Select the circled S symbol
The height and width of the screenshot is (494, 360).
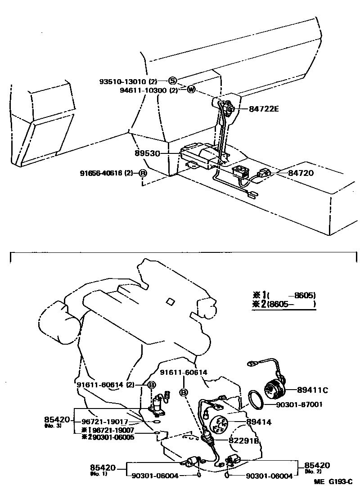173,81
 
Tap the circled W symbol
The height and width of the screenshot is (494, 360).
191,90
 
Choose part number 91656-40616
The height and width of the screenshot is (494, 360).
103,173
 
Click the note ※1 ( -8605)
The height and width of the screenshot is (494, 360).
283,296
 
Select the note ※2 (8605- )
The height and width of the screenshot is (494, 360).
283,305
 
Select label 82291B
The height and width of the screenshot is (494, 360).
244,441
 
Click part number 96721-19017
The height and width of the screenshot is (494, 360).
105,422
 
